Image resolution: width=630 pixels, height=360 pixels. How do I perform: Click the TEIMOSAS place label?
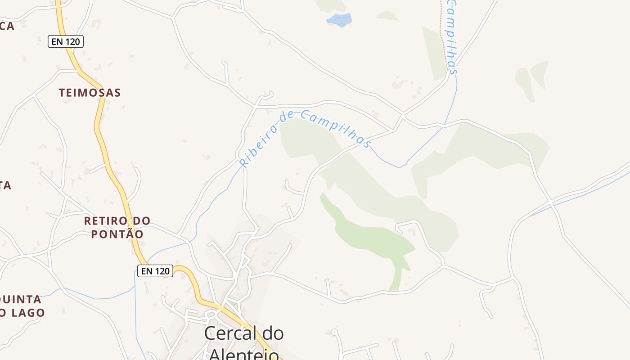[x=90, y=93]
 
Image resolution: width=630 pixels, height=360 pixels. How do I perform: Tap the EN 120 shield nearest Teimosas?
[x=66, y=42]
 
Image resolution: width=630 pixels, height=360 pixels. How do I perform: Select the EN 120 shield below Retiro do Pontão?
[x=155, y=271]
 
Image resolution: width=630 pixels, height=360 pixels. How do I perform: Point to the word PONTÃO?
[x=117, y=234]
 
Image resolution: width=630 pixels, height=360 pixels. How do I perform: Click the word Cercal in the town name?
[x=227, y=333]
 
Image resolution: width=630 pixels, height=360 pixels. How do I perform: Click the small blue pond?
[x=339, y=19]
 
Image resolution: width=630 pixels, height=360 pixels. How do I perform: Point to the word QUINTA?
[x=20, y=300]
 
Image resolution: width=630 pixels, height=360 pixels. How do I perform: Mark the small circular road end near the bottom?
[x=334, y=332]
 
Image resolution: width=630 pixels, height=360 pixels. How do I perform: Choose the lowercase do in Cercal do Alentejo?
[x=272, y=333]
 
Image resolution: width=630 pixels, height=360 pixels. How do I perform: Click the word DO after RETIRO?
[x=139, y=221]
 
